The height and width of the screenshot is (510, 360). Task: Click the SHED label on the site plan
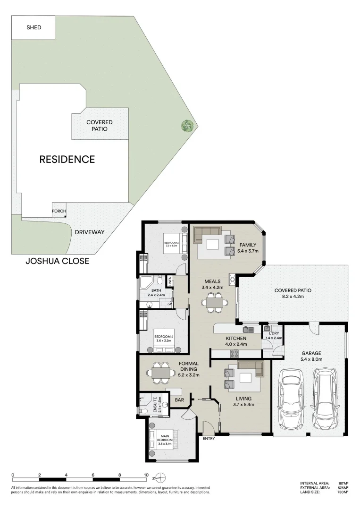[x=33, y=27]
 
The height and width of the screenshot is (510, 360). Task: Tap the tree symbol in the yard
[x=188, y=126]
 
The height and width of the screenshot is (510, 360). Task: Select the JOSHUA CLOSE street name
[x=57, y=261]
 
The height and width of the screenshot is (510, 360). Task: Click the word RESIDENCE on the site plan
[x=67, y=159]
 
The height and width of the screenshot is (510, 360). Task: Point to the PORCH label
[x=59, y=211]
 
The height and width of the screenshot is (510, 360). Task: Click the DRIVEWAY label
[x=89, y=232]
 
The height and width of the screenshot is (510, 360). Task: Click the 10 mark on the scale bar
[x=146, y=475]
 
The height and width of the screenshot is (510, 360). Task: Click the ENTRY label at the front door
[x=209, y=439]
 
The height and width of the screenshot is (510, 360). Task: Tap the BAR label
[x=179, y=400]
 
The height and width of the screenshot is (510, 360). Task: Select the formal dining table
[x=161, y=373]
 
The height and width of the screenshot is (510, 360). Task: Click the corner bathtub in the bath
[x=146, y=285]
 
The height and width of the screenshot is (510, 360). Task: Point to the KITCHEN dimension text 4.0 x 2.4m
[x=236, y=345]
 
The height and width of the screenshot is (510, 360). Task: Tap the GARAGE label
[x=311, y=353]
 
